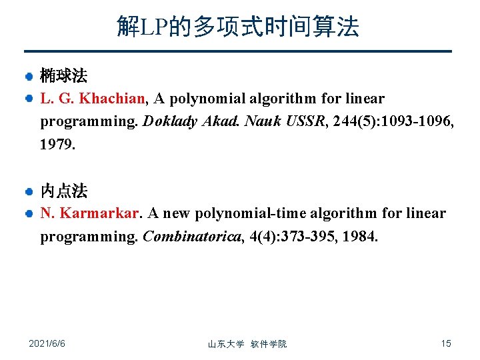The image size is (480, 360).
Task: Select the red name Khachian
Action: click(x=112, y=99)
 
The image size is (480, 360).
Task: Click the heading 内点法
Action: click(x=63, y=192)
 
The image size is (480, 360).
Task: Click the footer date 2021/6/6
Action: click(x=47, y=343)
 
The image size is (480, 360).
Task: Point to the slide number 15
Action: click(x=446, y=343)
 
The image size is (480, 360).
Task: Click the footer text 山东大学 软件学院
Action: click(x=247, y=344)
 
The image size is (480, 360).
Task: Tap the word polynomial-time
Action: click(x=262, y=213)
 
